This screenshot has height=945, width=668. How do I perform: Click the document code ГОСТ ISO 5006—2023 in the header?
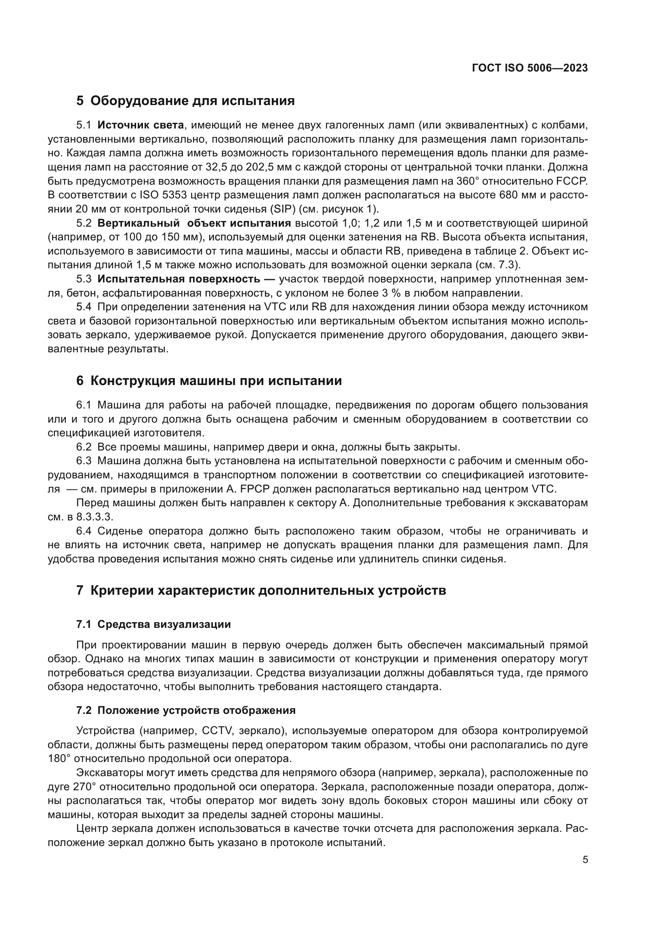point(530,68)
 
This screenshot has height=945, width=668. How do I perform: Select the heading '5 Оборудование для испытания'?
point(185,101)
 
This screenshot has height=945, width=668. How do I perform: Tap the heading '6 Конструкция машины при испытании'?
point(209,381)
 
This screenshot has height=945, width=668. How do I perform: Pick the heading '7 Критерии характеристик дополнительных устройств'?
point(261,591)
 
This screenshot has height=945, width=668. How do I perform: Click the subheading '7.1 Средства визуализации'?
point(153,624)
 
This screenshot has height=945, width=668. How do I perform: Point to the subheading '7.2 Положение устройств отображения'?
point(186,710)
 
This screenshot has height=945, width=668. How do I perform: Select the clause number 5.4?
point(84,307)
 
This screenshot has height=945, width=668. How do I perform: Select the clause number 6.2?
point(84,447)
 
